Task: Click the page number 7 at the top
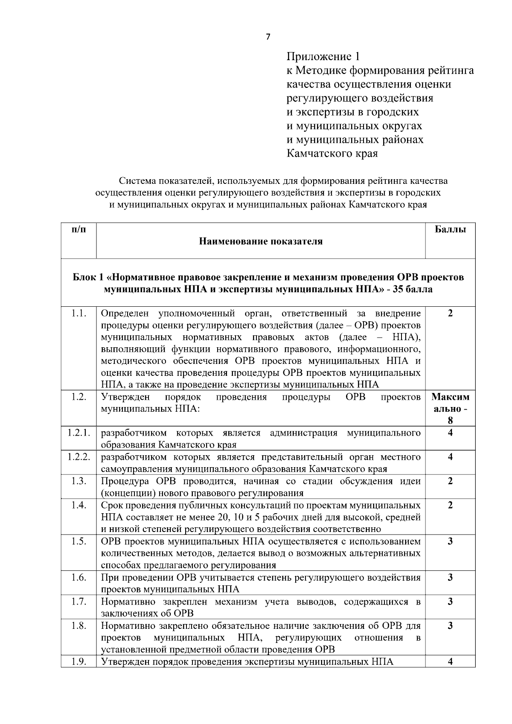pyautogui.click(x=268, y=37)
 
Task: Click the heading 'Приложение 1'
pyautogui.click(x=323, y=56)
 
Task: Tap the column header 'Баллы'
pyautogui.click(x=450, y=230)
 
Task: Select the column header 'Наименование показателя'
pyautogui.click(x=261, y=241)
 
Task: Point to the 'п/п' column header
pyautogui.click(x=79, y=230)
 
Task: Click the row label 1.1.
pyautogui.click(x=79, y=314)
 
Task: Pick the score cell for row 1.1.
pyautogui.click(x=450, y=314)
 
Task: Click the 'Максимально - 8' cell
pyautogui.click(x=450, y=409)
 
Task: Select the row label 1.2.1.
pyautogui.click(x=79, y=433)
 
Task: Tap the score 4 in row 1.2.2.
pyautogui.click(x=450, y=457)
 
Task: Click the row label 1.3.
pyautogui.click(x=79, y=481)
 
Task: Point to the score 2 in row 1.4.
pyautogui.click(x=450, y=505)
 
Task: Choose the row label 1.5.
pyautogui.click(x=79, y=541)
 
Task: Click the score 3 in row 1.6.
pyautogui.click(x=450, y=578)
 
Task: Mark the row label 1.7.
pyautogui.click(x=79, y=602)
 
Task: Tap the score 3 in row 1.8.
pyautogui.click(x=450, y=626)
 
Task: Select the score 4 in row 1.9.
pyautogui.click(x=450, y=662)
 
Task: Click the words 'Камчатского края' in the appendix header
pyautogui.click(x=332, y=154)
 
